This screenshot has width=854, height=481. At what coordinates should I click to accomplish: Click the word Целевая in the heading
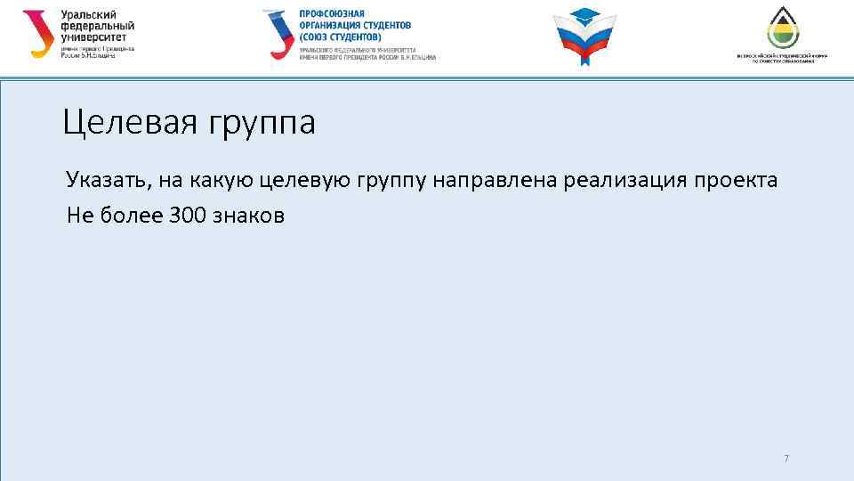tap(131, 123)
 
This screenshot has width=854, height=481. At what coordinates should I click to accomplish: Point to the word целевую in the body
tap(308, 182)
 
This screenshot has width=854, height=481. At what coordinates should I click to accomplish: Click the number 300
tap(186, 216)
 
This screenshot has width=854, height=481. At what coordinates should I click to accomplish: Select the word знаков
tap(250, 216)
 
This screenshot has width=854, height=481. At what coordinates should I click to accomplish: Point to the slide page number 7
tap(786, 459)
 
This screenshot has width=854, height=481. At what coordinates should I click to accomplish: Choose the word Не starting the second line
tap(77, 216)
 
